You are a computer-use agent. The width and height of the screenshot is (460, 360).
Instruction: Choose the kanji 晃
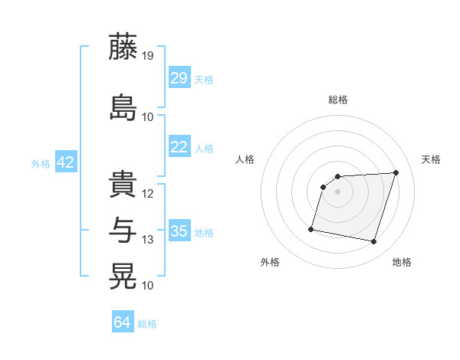(x=123, y=275)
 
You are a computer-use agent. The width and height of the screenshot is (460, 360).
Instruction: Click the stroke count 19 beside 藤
(x=149, y=56)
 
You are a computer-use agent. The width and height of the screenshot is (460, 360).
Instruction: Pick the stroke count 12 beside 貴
(x=148, y=194)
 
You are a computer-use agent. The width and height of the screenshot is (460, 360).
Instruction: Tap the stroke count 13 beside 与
(x=148, y=240)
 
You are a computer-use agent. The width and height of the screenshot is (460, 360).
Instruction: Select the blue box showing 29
(x=179, y=77)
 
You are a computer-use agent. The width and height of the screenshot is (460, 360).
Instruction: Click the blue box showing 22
(x=179, y=147)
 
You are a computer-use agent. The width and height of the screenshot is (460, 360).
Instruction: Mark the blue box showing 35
(x=179, y=231)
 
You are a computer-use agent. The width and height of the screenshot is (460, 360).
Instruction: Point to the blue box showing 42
(x=65, y=162)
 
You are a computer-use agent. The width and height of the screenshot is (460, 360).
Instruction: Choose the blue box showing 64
(x=122, y=322)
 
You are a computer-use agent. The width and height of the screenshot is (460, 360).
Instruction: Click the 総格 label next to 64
(x=147, y=324)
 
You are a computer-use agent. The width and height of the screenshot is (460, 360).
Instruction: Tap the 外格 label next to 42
(x=41, y=163)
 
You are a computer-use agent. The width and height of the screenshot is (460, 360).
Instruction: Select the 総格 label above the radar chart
(x=337, y=100)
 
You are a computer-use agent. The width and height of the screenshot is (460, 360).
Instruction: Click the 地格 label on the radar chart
(x=402, y=262)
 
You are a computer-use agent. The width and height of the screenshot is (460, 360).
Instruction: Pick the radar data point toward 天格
(x=396, y=172)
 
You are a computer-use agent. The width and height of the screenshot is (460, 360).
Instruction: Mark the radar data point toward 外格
(x=311, y=228)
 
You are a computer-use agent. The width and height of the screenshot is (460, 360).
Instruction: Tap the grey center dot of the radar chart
(x=337, y=191)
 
